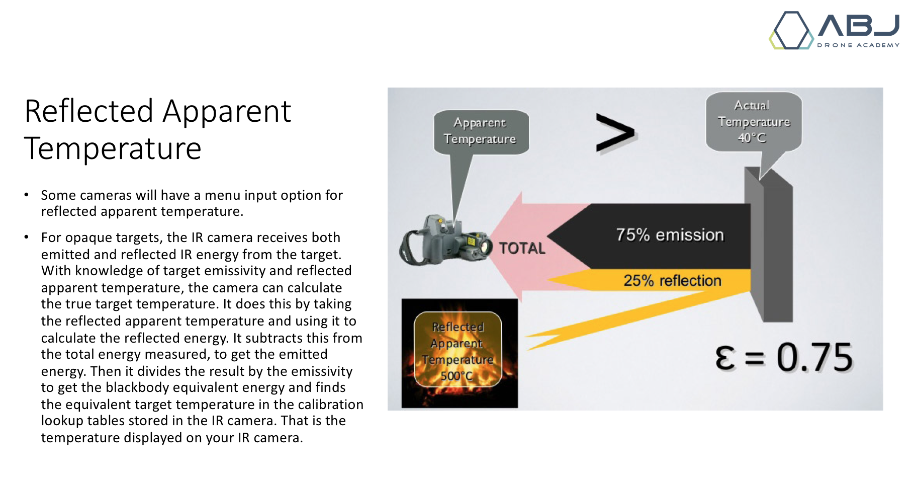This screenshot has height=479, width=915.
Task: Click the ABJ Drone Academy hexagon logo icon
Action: tap(791, 30)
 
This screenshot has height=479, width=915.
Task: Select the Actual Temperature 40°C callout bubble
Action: tap(754, 122)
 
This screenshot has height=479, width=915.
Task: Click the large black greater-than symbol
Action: tap(615, 133)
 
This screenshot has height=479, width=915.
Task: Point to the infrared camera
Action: tap(445, 241)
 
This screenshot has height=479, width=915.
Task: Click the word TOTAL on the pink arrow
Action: tap(522, 248)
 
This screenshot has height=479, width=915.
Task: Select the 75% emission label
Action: tap(670, 235)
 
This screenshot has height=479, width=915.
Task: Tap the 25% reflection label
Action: tap(673, 280)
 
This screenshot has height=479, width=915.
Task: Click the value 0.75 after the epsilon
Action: tap(814, 358)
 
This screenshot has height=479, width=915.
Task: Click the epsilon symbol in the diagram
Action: tap(725, 359)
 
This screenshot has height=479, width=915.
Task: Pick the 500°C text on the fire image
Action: tap(456, 376)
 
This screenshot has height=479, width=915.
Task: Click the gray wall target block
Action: tap(769, 245)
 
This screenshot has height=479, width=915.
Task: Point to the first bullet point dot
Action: tap(27, 194)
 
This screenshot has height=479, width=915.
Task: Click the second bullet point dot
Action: tap(27, 236)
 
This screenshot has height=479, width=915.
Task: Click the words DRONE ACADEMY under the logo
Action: tap(858, 45)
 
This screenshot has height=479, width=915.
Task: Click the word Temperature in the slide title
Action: tap(113, 148)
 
